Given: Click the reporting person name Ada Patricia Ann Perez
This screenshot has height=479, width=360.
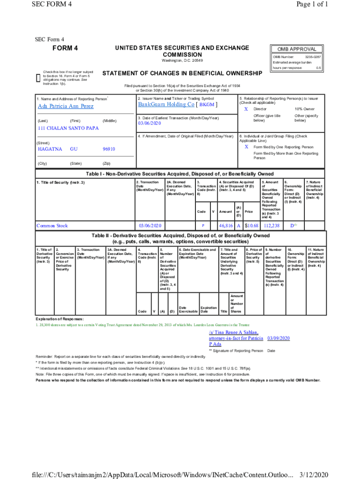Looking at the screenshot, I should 65,106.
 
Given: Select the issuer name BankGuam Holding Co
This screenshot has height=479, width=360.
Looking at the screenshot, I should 166,104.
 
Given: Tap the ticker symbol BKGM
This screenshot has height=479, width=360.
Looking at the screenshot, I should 207,105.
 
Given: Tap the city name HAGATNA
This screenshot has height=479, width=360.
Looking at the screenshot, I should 50,149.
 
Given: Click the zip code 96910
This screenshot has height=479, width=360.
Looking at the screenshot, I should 108,149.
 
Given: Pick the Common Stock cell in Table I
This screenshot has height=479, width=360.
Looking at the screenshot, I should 52,225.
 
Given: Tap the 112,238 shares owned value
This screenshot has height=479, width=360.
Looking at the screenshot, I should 271,225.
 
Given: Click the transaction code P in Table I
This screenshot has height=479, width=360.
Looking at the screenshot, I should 202,226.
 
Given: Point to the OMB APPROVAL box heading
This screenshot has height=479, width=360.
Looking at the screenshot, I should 296,49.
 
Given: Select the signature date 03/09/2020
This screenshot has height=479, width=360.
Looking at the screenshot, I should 279,338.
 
